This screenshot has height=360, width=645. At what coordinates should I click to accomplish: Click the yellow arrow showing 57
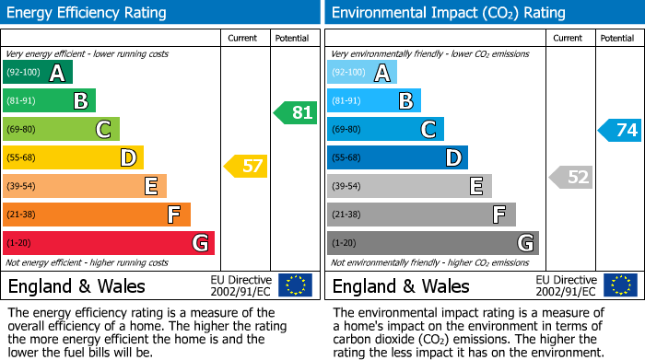coord(246,167)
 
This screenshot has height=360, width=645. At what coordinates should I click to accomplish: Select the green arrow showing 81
coord(296,113)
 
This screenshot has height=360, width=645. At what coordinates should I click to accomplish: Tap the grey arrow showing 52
coord(571,177)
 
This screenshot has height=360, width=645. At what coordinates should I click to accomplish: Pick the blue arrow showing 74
coord(620,130)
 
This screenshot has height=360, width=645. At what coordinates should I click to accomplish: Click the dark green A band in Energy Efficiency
coord(38,73)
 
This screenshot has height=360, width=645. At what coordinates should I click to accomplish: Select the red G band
coord(109,243)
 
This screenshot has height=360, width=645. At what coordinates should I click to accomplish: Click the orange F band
coord(97,215)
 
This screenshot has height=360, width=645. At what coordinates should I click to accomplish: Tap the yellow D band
coord(73,157)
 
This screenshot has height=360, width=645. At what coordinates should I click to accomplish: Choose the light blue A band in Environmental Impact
coord(362,73)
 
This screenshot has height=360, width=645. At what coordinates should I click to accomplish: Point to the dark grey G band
coord(432,243)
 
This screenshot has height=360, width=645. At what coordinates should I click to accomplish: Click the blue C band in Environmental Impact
coord(385,130)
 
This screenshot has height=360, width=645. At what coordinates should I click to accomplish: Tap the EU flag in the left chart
coord(295,285)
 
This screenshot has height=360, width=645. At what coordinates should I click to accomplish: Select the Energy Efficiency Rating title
coord(88,13)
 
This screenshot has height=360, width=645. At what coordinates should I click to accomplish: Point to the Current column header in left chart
coord(244,39)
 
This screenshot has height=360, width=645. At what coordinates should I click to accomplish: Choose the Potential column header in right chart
coord(617,39)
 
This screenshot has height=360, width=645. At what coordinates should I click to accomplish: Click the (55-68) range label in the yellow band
coord(24,158)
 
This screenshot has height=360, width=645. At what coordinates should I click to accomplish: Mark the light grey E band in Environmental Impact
coord(409,186)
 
